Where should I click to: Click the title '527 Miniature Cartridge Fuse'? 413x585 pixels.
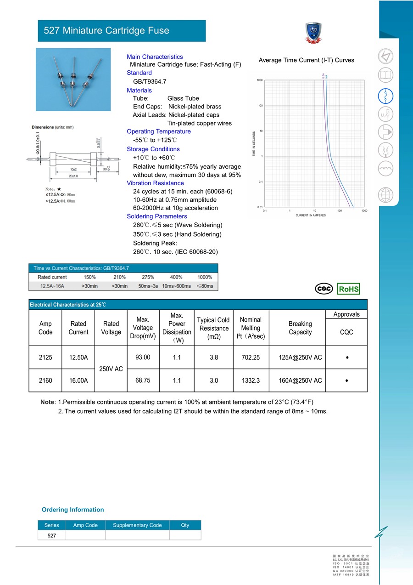click(x=106, y=31)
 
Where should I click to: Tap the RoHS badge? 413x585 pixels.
click(x=348, y=289)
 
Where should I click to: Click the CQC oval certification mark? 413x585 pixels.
click(x=324, y=289)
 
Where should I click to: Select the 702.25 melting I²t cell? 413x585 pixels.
click(x=251, y=357)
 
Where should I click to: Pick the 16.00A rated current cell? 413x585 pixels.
click(x=78, y=381)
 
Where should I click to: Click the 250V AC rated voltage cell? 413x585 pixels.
click(x=111, y=369)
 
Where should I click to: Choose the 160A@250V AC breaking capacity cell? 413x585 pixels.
click(x=300, y=381)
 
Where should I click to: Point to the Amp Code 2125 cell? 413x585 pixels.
click(x=45, y=357)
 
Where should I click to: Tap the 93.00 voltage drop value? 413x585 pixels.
click(x=143, y=357)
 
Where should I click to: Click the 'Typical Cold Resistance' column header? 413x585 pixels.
click(x=213, y=328)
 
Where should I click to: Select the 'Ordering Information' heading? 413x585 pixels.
click(x=73, y=510)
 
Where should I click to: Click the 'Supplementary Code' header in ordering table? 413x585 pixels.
click(x=137, y=525)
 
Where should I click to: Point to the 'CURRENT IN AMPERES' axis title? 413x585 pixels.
click(x=311, y=215)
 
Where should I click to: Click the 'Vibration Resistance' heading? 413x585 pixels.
click(x=155, y=183)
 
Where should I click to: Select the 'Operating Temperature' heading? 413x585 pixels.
click(x=158, y=131)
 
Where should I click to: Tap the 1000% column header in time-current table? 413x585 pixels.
click(x=205, y=277)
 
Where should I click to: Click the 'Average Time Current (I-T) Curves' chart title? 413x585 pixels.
click(x=306, y=60)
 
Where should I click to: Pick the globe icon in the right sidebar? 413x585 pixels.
click(x=385, y=195)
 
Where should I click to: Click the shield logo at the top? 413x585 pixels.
click(x=314, y=34)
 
